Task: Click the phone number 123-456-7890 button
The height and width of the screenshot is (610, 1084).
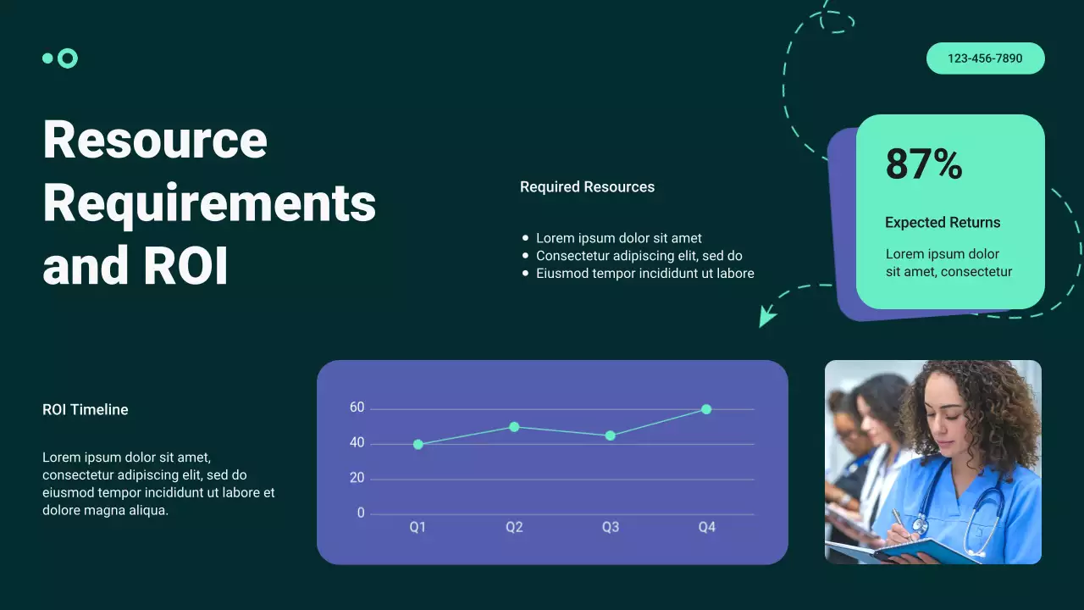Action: pos(985,58)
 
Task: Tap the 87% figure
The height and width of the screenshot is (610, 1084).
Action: pos(924,164)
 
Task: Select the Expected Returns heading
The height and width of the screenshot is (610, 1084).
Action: pos(943,223)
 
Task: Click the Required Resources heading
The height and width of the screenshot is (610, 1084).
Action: pos(587,187)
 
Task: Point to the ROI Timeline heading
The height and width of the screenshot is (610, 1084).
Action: pos(86,410)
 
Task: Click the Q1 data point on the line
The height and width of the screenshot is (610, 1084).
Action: pos(418,444)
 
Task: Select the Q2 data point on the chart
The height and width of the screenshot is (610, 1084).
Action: pos(514,427)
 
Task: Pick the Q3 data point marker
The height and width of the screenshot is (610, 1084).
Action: pos(611,435)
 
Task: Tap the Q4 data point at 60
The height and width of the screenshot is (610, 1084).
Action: pos(706,409)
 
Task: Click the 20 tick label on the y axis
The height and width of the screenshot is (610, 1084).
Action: pos(357,479)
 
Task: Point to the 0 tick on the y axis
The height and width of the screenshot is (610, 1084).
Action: pos(361,513)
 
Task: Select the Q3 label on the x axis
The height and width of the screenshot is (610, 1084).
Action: pos(611,527)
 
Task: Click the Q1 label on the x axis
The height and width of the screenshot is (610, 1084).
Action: pos(418,527)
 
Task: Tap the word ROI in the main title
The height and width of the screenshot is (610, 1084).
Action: pos(186,266)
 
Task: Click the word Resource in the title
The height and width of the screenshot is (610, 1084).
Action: pos(155,140)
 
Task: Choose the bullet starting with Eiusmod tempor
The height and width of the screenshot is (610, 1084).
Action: pos(644,274)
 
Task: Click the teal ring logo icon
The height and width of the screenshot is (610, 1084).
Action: pos(68,58)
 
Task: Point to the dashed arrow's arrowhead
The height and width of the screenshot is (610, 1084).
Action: pos(766,318)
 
